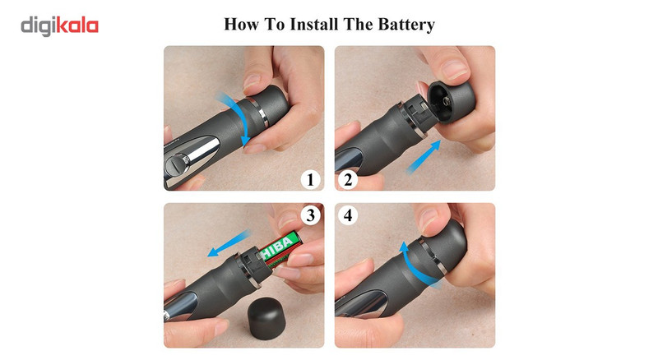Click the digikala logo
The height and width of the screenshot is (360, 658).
pos(59,26)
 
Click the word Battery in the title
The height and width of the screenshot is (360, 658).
pos(406,25)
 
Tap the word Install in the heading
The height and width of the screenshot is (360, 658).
pos(314,24)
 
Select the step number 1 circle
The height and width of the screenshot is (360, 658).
pos(311,179)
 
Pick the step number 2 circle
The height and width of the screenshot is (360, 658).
pos(348,179)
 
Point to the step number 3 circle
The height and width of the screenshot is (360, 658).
pos(311,215)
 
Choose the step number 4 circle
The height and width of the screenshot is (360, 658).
pos(348,215)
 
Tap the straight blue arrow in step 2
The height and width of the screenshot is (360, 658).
pos(423,157)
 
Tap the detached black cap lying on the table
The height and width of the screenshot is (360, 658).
pos(267,318)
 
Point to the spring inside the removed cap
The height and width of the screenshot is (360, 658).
pos(446,101)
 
